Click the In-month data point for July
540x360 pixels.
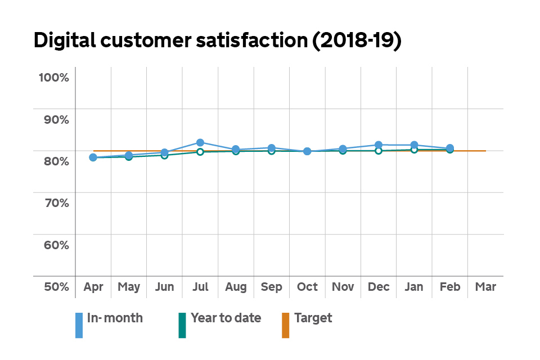(200, 142)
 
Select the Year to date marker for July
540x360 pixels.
(200, 152)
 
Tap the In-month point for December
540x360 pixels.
(379, 145)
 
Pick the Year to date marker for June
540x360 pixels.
(165, 155)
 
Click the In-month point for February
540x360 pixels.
(450, 148)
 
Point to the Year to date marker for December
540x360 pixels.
(379, 151)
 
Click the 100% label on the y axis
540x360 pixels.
(53, 77)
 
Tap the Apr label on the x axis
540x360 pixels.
(93, 287)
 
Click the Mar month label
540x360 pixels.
(485, 287)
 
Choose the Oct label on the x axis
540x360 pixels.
(307, 287)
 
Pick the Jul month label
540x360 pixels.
(200, 287)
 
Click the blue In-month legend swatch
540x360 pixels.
(79, 325)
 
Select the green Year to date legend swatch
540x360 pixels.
(182, 325)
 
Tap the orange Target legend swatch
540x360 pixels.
(285, 325)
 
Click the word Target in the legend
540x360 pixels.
(313, 318)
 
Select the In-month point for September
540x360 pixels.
(272, 148)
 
